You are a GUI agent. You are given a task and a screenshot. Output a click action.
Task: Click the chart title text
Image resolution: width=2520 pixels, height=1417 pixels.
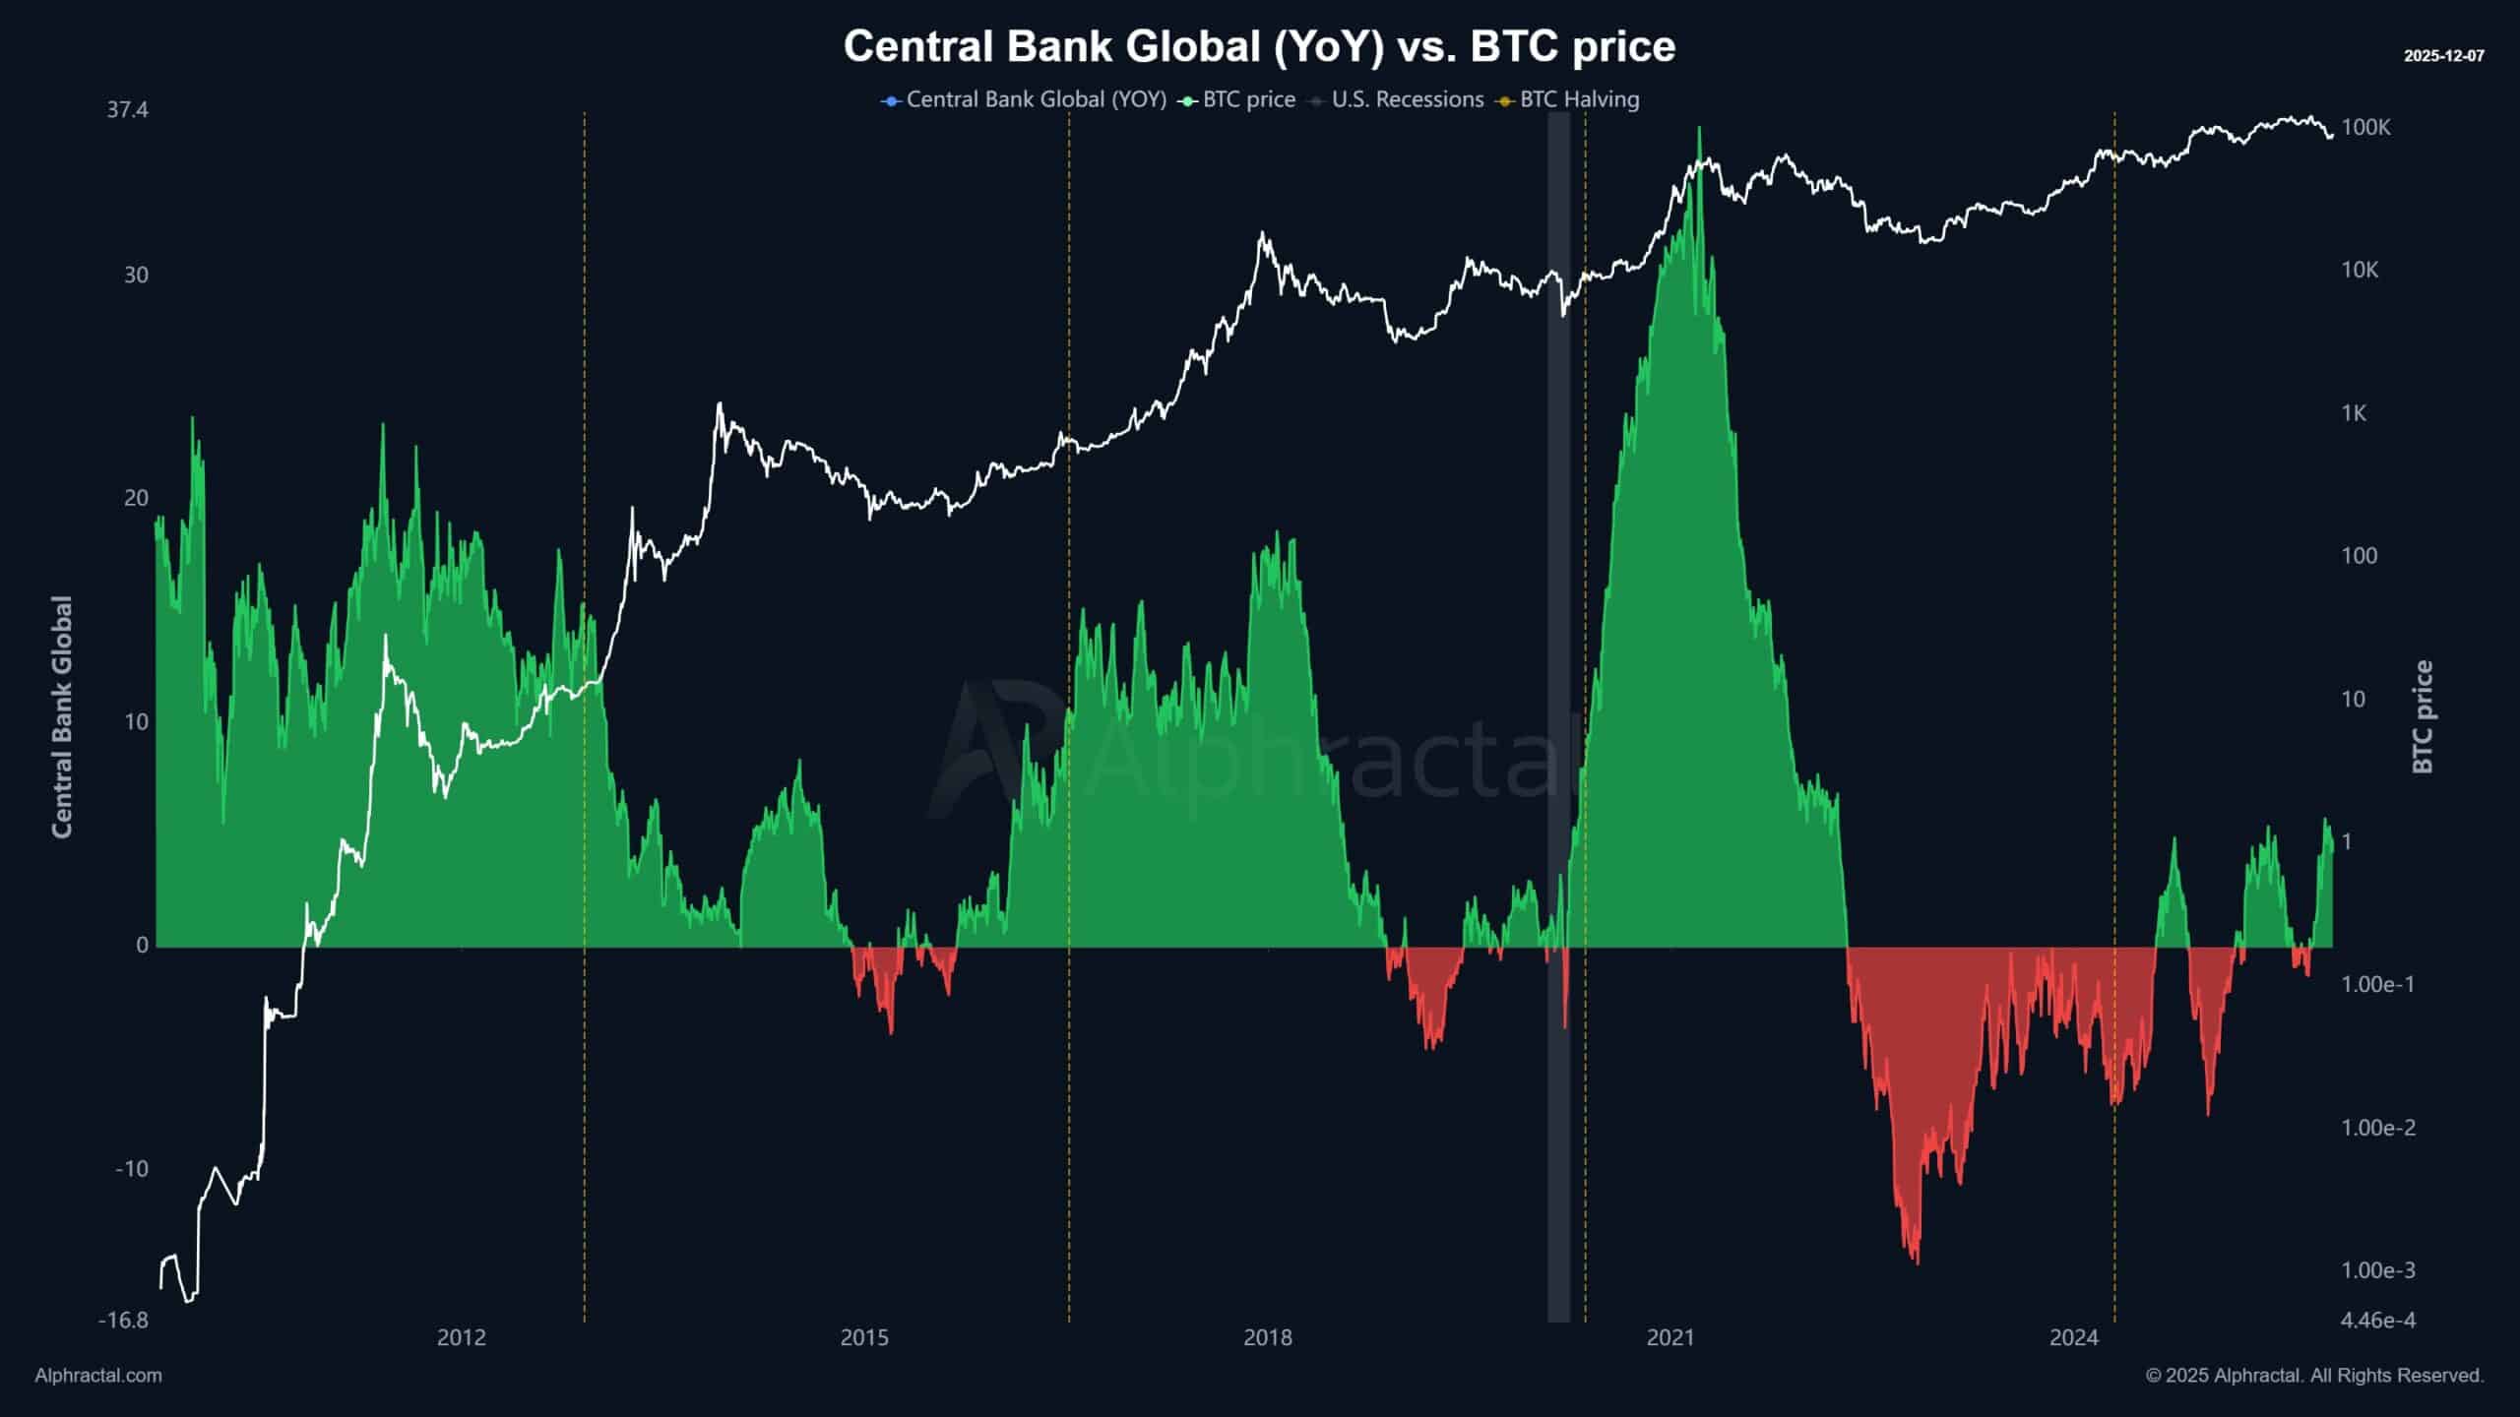[1259, 46]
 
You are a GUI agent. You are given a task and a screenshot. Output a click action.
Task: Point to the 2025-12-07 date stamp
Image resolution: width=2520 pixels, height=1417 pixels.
[2443, 56]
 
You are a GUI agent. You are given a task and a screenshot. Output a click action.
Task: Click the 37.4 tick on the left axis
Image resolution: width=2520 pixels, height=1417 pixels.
[128, 109]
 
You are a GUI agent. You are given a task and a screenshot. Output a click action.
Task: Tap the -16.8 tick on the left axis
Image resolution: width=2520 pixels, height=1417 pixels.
[124, 1320]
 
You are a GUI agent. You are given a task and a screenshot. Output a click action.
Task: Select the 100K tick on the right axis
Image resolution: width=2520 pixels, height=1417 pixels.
[2365, 127]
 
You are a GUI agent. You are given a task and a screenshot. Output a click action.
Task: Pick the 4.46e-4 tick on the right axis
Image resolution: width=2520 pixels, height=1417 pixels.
[2377, 1320]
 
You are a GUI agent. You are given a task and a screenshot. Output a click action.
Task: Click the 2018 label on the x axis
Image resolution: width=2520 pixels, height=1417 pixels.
[1268, 1337]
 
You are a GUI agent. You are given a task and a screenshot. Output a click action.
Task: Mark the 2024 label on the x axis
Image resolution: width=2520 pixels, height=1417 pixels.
[2074, 1337]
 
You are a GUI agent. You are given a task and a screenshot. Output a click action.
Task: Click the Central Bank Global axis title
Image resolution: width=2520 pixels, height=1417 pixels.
[62, 717]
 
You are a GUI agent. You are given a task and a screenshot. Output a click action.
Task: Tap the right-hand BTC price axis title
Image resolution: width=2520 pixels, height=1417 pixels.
[2423, 717]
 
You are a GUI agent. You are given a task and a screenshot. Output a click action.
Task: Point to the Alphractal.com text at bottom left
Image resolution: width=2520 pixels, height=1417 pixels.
[98, 1376]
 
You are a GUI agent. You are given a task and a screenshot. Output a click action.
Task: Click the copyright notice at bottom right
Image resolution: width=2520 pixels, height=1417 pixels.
[2314, 1376]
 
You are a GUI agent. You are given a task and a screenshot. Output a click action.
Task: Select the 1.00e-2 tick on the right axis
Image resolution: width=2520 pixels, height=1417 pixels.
[2377, 1128]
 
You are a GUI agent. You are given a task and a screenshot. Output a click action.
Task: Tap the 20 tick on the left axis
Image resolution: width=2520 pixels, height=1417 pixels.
[136, 498]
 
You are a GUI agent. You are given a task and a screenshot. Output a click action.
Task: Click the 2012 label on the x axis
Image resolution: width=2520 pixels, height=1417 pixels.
[462, 1337]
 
